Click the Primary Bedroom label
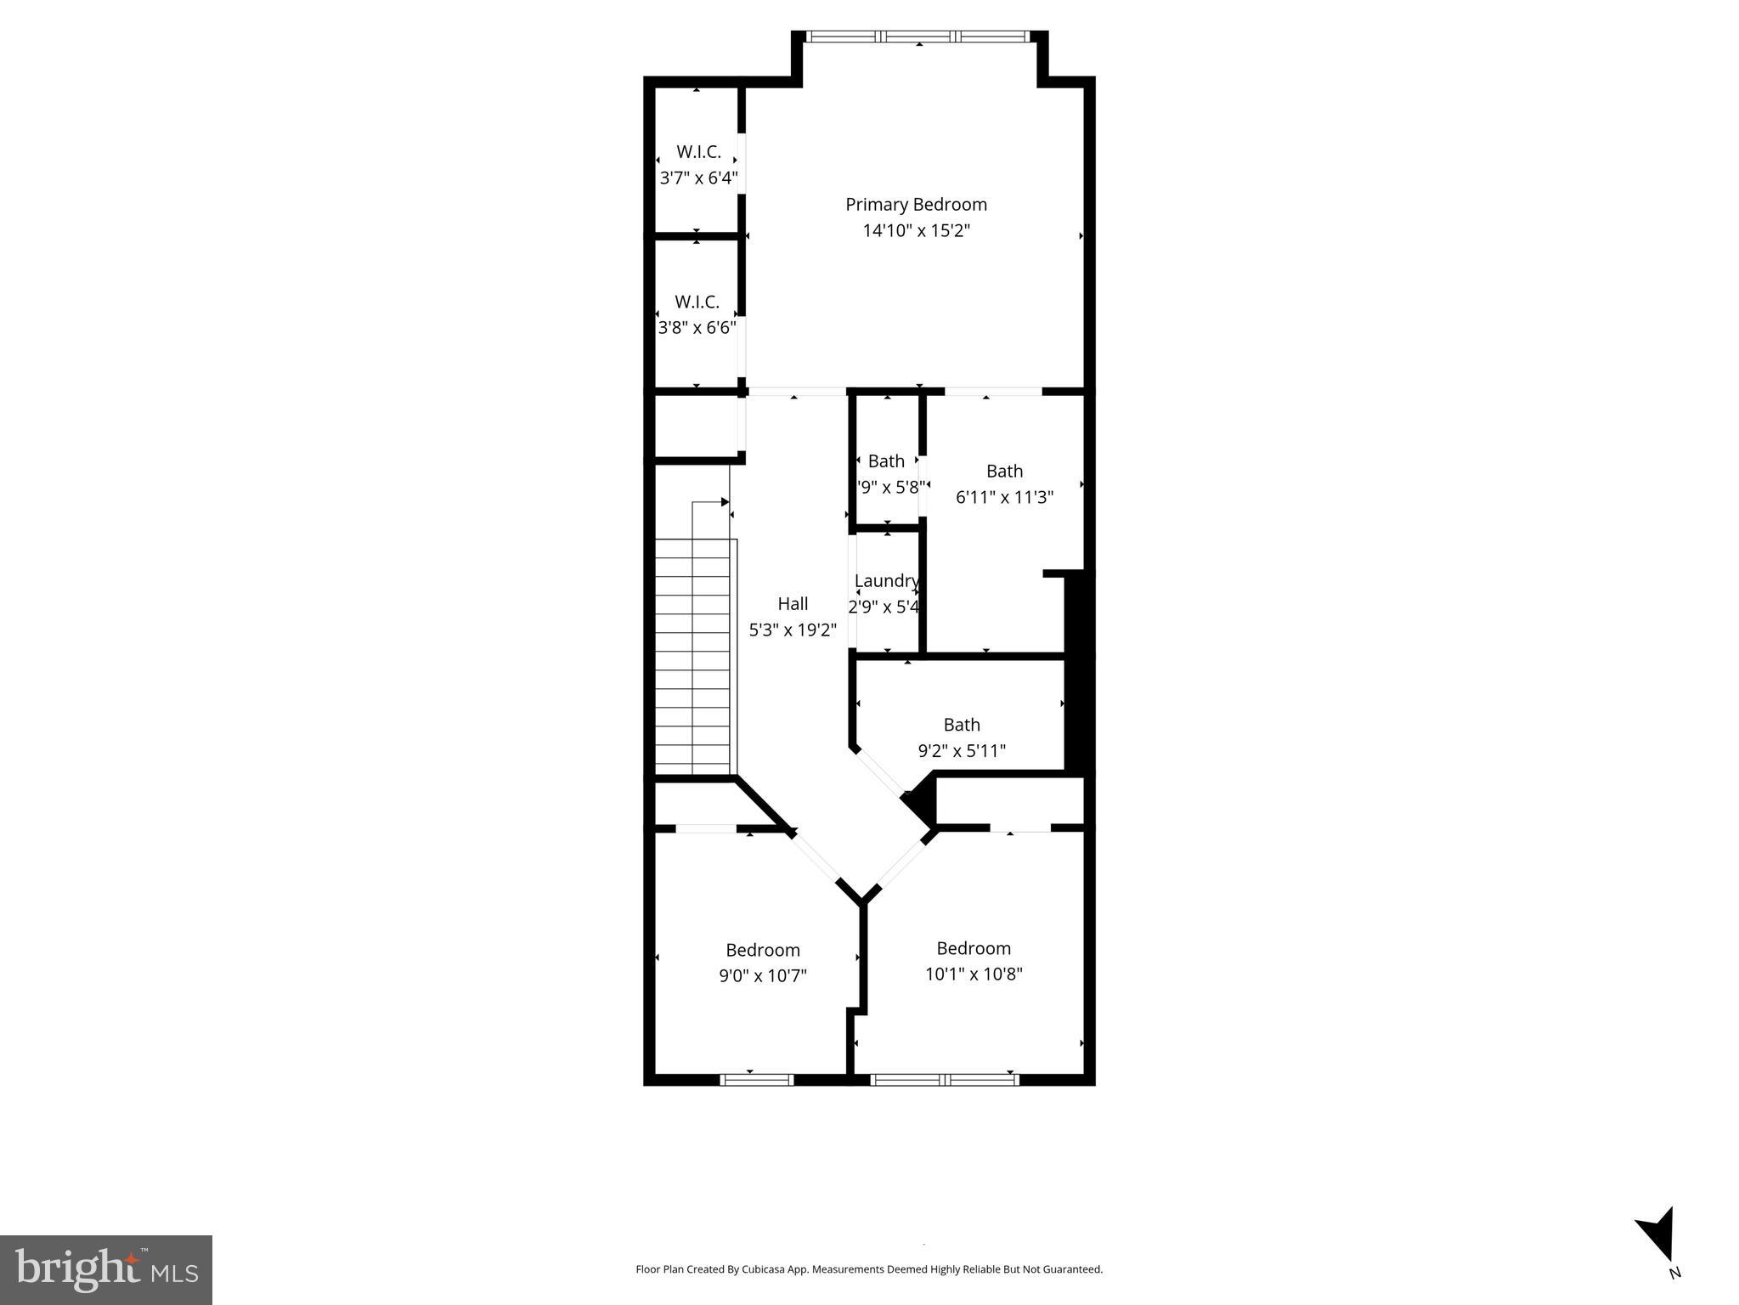click(916, 205)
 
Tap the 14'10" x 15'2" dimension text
click(916, 231)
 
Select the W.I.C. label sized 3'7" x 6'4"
click(698, 152)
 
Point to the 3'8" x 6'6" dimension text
click(697, 328)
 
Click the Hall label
click(793, 604)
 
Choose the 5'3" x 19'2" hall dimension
click(793, 630)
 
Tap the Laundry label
click(886, 581)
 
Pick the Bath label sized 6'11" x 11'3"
click(1004, 472)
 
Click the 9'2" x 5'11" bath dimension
click(962, 751)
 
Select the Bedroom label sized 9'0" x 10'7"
click(762, 950)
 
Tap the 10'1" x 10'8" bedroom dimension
click(974, 974)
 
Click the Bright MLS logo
click(106, 1269)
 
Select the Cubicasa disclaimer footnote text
click(869, 1269)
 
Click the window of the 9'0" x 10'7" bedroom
click(756, 1080)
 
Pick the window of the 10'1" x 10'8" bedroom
click(945, 1080)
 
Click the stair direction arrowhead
click(725, 502)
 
